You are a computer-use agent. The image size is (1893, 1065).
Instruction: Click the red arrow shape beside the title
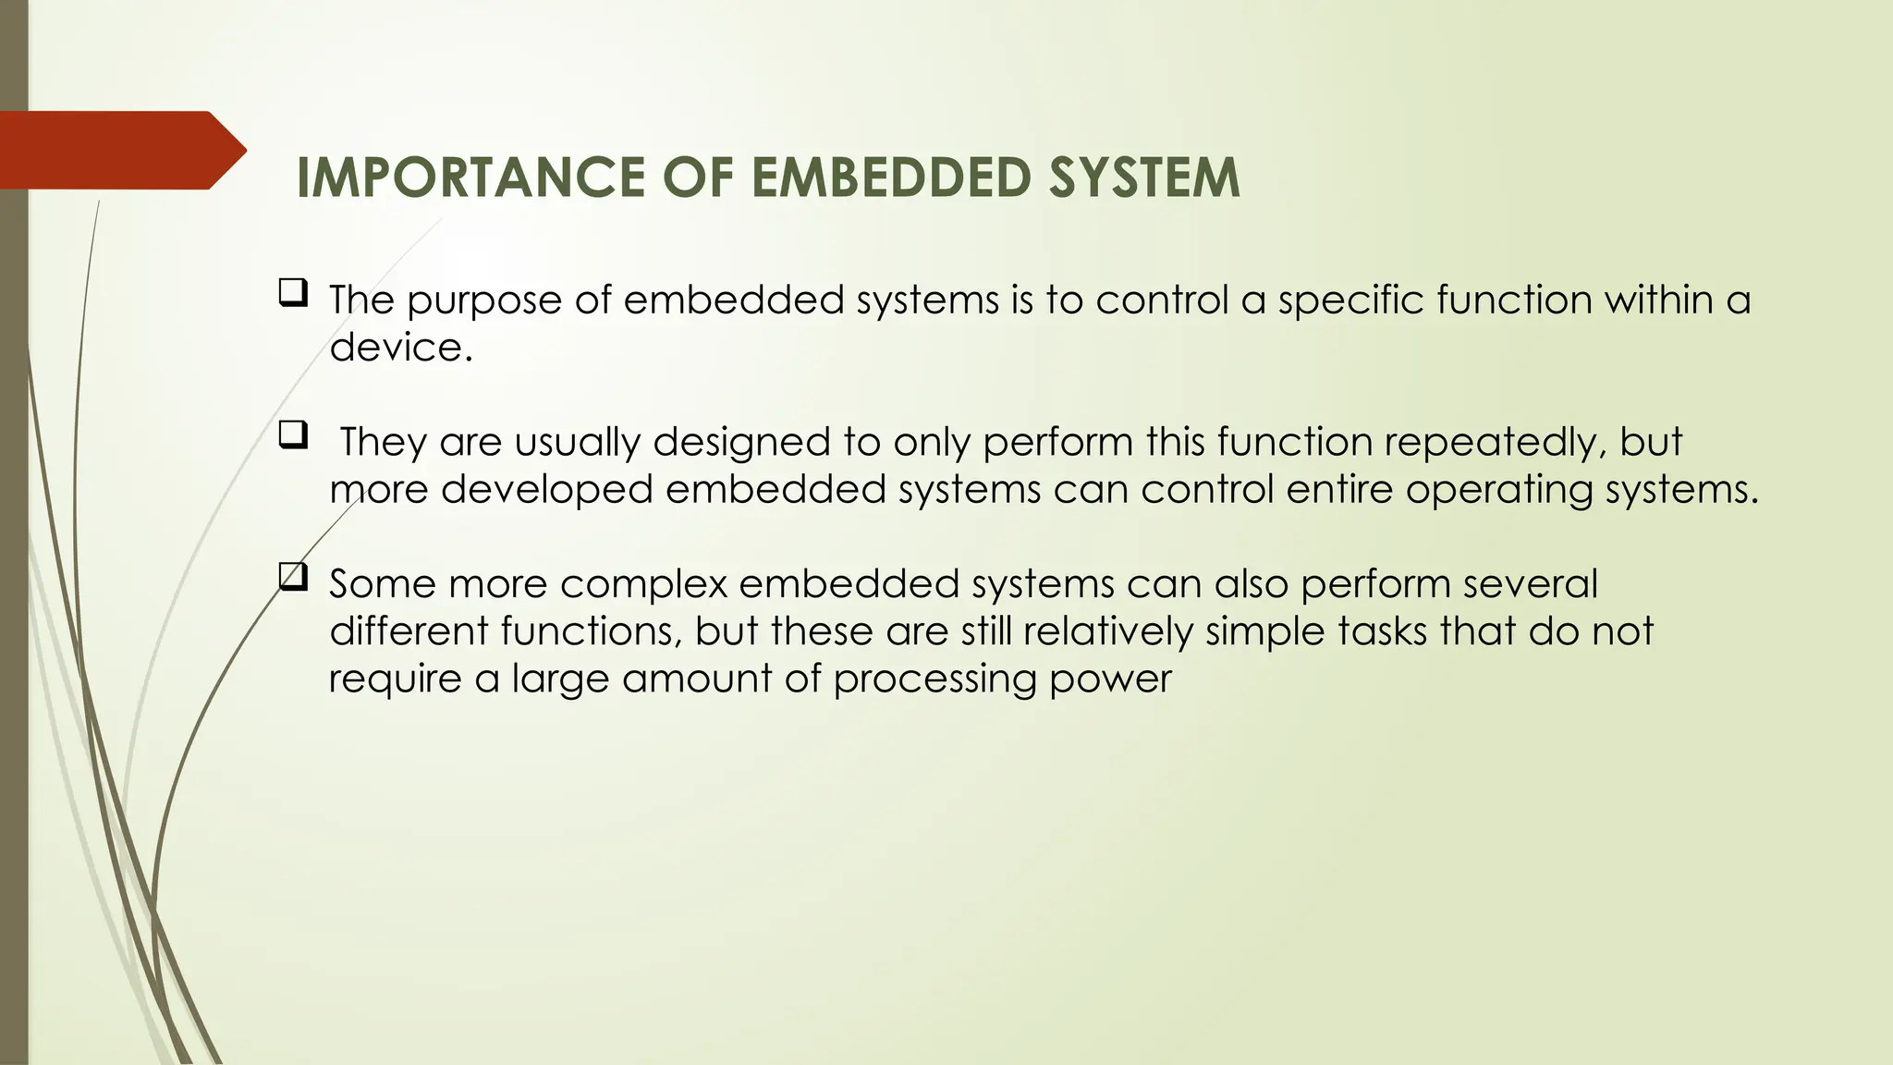point(120,150)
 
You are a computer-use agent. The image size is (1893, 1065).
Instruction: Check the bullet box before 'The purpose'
point(292,295)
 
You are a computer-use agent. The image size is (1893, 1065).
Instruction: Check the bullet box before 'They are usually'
point(292,435)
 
